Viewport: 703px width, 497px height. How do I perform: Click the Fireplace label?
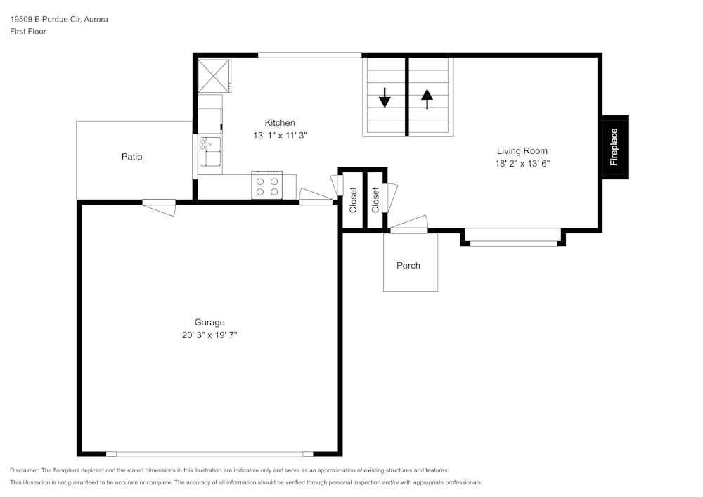[x=614, y=147]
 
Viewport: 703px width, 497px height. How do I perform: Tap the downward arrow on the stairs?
[x=385, y=98]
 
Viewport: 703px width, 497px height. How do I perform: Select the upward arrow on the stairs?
[x=427, y=99]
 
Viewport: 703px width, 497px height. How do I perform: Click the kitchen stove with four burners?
[x=266, y=185]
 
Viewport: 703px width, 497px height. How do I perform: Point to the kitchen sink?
[x=210, y=151]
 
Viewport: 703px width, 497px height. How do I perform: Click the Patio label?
[x=132, y=156]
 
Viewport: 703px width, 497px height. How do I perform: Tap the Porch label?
[x=408, y=265]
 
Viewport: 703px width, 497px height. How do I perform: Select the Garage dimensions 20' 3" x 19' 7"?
[x=209, y=335]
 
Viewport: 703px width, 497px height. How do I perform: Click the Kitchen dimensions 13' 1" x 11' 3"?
[x=280, y=136]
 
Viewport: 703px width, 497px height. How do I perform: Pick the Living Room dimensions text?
[x=522, y=164]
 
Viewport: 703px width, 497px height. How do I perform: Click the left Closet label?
[x=353, y=200]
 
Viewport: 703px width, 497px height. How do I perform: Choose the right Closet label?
[x=375, y=200]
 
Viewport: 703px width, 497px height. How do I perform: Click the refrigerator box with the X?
[x=214, y=76]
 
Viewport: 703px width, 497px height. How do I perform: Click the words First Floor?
[x=28, y=32]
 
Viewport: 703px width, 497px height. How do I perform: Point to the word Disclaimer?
[x=24, y=470]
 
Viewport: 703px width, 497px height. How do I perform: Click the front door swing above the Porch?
[x=408, y=224]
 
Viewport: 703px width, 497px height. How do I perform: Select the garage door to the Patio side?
[x=159, y=207]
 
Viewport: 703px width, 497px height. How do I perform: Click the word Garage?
[x=209, y=322]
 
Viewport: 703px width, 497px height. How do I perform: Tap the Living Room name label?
[x=522, y=151]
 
